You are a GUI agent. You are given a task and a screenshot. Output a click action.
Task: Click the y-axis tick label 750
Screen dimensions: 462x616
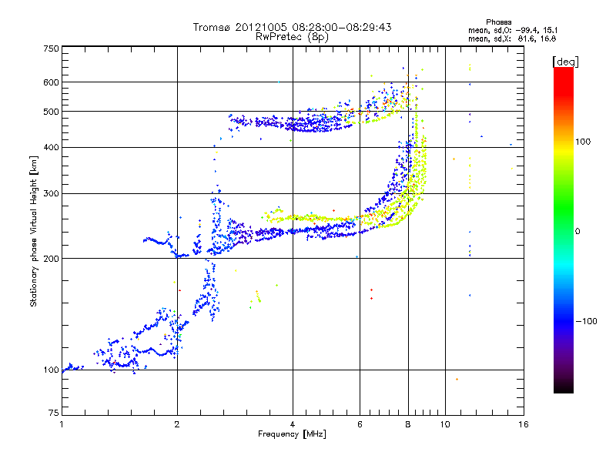click(52, 49)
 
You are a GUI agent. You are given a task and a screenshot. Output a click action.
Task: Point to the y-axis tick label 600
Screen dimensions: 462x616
click(52, 82)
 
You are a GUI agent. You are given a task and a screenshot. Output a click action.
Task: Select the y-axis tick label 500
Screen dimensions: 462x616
click(52, 112)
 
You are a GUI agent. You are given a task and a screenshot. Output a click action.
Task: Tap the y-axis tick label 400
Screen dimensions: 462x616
click(52, 147)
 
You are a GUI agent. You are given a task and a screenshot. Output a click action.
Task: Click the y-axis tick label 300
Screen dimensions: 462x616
click(52, 193)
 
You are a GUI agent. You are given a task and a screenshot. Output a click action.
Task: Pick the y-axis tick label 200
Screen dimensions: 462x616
click(52, 258)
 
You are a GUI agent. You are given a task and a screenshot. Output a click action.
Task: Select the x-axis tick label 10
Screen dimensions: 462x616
click(444, 423)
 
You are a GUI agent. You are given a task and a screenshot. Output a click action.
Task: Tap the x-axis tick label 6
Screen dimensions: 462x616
click(360, 423)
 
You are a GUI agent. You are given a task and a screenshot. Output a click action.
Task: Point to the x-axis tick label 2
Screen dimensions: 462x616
click(177, 423)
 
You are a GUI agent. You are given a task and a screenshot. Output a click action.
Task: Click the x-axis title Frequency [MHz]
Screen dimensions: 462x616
click(292, 434)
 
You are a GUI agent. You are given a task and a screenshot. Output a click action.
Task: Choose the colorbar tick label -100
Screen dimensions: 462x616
click(586, 321)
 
